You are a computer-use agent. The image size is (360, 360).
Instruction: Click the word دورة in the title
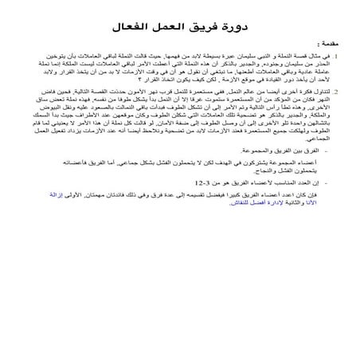[234, 29]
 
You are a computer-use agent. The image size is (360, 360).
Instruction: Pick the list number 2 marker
[336, 94]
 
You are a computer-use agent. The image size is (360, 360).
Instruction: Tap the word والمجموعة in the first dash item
[247, 150]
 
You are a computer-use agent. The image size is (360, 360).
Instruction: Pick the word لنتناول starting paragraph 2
[318, 94]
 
